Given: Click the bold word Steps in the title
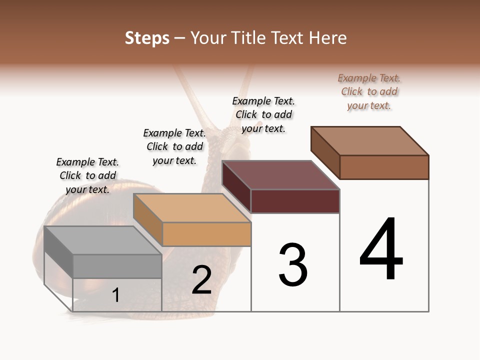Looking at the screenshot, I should point(147,38).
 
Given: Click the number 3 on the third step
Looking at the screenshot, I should point(293,265).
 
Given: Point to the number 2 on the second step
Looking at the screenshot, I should point(201,280).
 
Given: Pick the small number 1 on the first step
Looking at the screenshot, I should point(115,295).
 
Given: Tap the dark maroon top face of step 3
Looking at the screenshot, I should point(280,175).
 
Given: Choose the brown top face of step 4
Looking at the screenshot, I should point(369,141).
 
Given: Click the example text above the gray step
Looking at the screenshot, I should point(87,175).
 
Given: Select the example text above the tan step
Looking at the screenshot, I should point(174,146).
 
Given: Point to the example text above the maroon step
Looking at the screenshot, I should point(263,114).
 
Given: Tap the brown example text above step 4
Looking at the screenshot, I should point(369,91).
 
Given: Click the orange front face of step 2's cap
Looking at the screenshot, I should point(206,234).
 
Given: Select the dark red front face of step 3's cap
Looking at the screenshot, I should point(295,201).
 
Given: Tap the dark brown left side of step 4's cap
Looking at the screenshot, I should point(325,152).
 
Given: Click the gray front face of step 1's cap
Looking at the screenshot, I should point(117,266).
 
